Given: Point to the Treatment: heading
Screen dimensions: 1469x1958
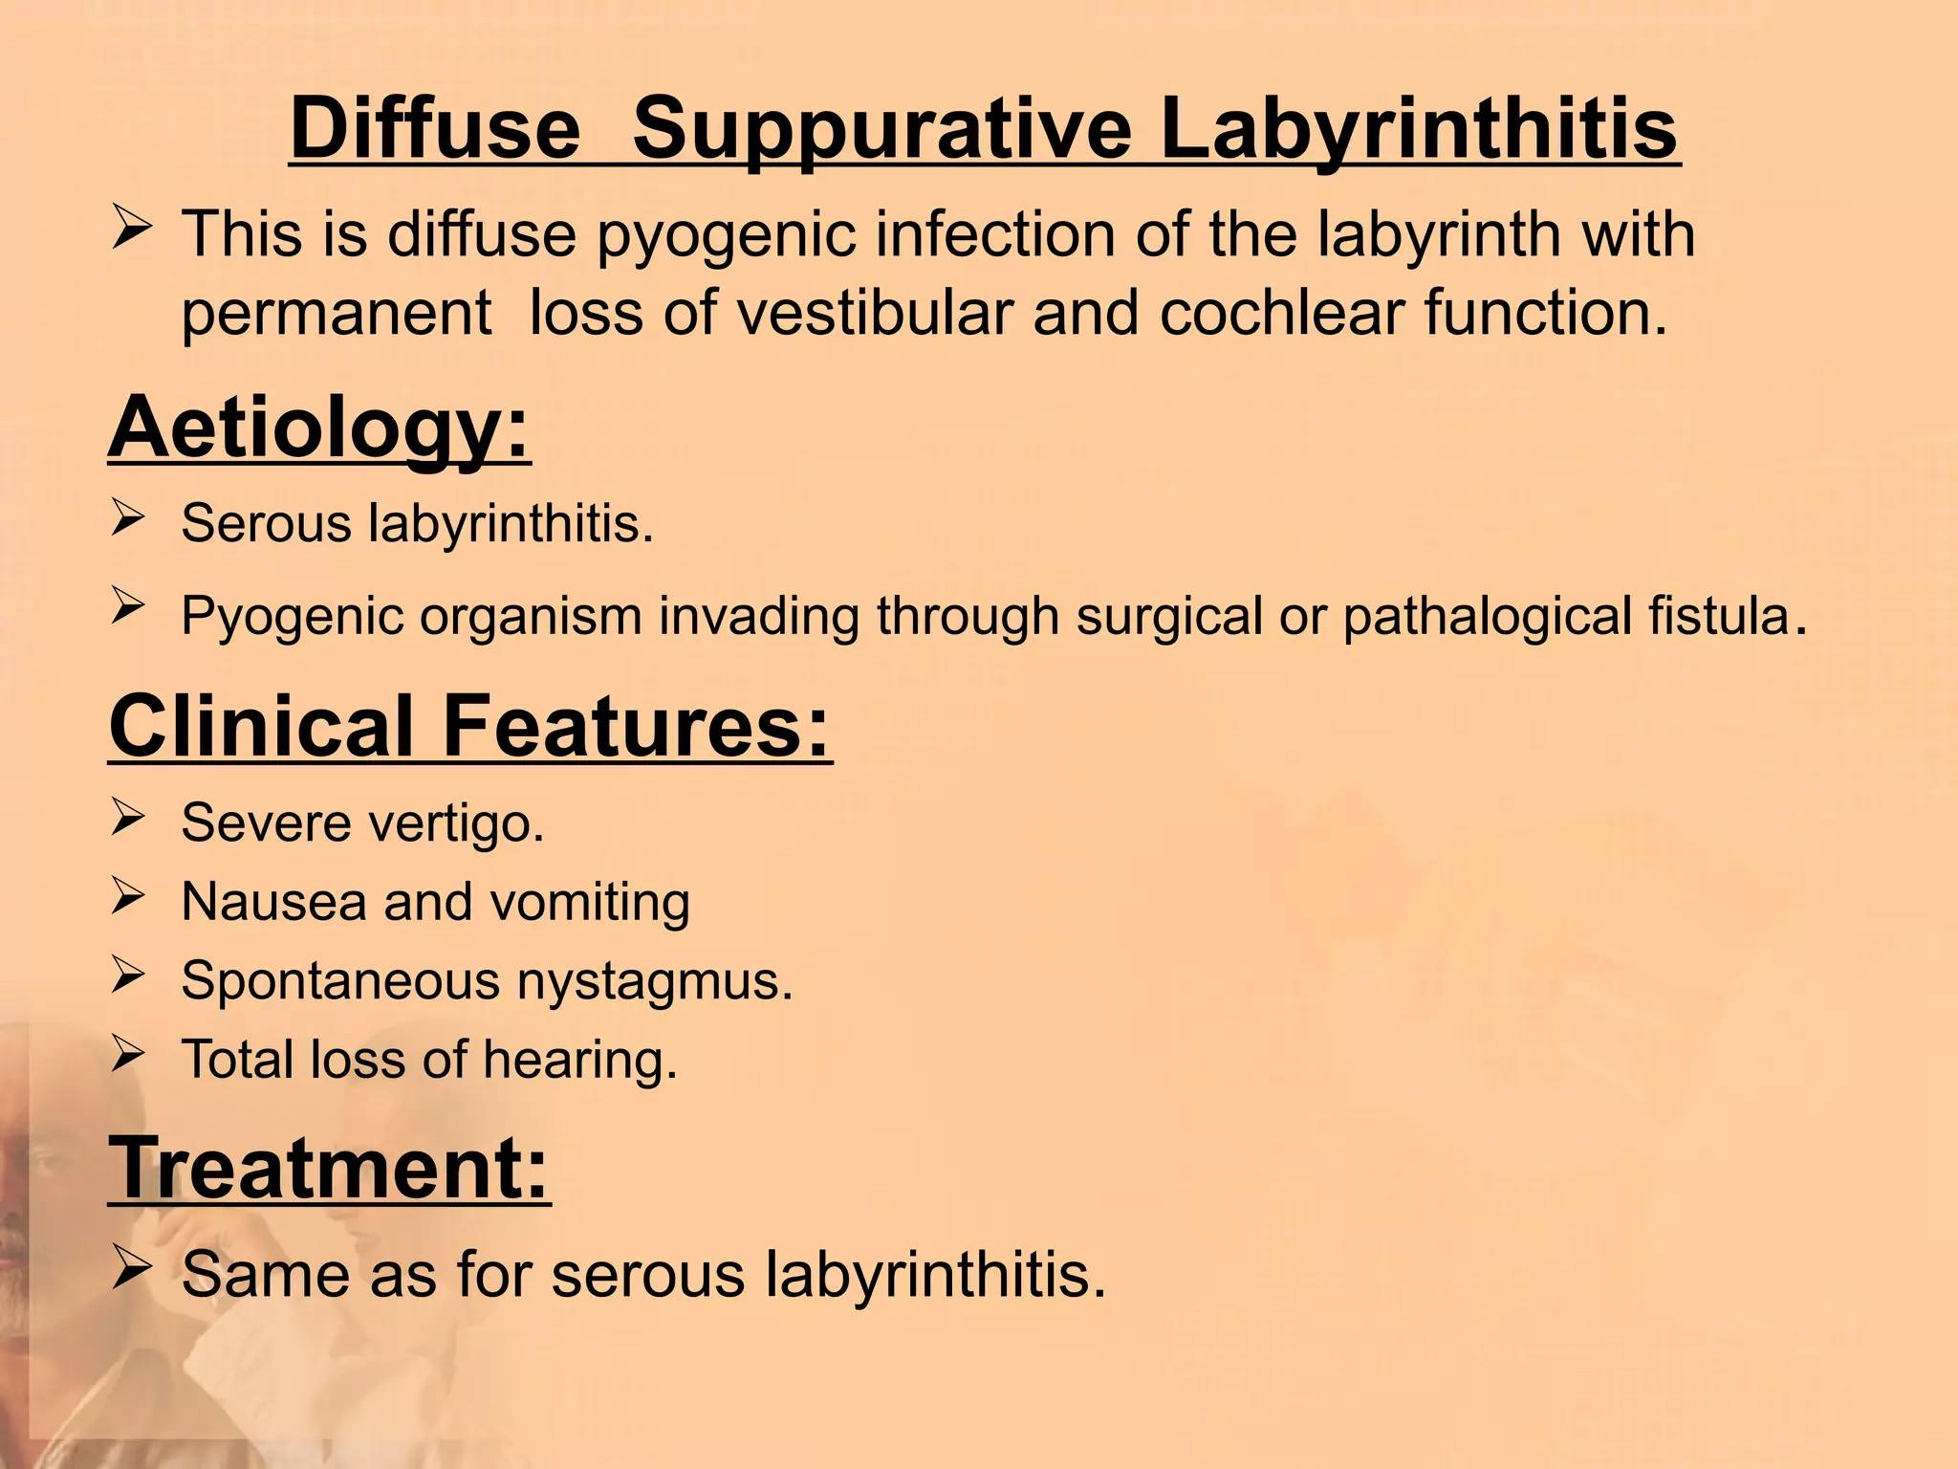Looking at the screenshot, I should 330,1168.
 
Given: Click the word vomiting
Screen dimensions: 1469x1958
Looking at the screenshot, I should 584,903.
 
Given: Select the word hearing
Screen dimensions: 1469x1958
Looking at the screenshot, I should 579,1061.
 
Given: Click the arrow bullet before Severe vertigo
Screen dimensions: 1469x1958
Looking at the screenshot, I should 127,818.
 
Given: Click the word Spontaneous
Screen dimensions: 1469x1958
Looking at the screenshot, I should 340,982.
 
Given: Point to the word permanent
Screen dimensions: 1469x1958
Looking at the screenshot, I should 337,315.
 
